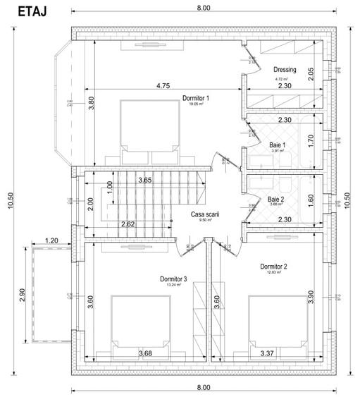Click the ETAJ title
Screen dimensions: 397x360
pyautogui.click(x=27, y=12)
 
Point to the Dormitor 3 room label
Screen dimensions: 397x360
pyautogui.click(x=173, y=279)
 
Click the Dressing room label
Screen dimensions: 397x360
pyautogui.click(x=285, y=69)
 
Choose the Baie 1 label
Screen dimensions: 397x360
pyautogui.click(x=277, y=145)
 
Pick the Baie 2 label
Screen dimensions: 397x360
pyautogui.click(x=277, y=200)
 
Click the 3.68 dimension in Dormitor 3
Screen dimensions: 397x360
pyautogui.click(x=145, y=353)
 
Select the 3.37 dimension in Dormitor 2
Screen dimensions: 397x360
pyautogui.click(x=267, y=353)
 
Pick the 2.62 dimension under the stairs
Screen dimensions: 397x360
pyautogui.click(x=128, y=224)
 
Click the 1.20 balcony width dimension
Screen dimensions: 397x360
pyautogui.click(x=51, y=240)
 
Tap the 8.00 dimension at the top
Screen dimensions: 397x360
pyautogui.click(x=203, y=8)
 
